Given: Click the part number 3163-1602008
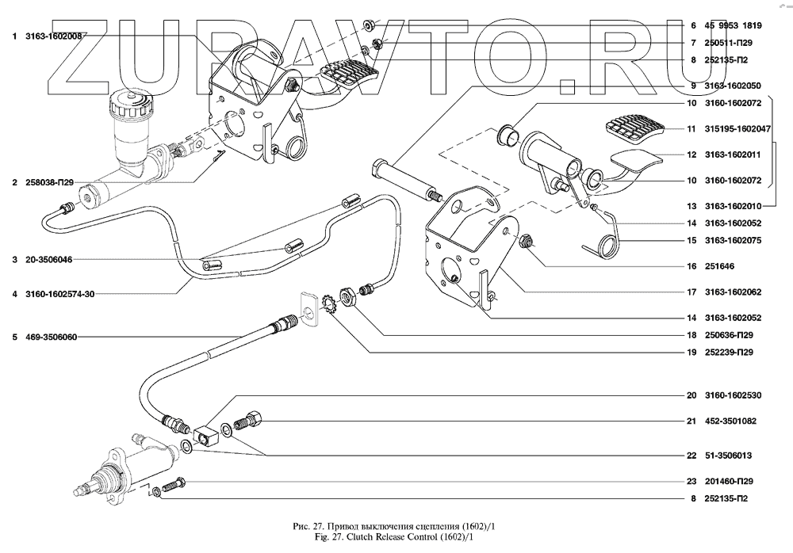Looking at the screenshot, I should tap(55, 35).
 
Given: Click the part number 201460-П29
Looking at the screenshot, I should tap(726, 481).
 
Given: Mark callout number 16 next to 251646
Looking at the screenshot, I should tap(691, 266).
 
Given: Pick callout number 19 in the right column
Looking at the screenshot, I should tap(691, 352).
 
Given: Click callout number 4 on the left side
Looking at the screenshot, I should tap(15, 294).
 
